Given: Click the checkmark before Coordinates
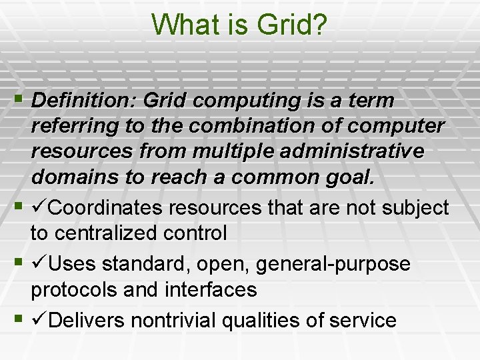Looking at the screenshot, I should point(39,208).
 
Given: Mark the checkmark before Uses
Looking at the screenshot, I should point(39,264).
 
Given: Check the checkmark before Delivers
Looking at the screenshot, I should point(39,320).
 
